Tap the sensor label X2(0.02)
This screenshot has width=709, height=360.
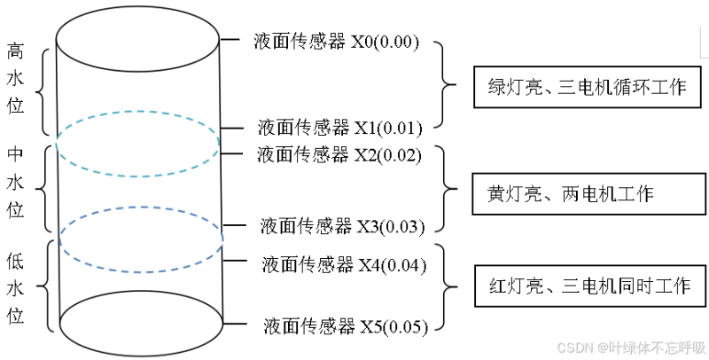coord(339,155)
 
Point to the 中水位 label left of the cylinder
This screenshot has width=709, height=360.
coord(15,182)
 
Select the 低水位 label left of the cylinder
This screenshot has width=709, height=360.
coord(15,288)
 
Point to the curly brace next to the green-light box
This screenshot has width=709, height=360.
coord(445,85)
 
